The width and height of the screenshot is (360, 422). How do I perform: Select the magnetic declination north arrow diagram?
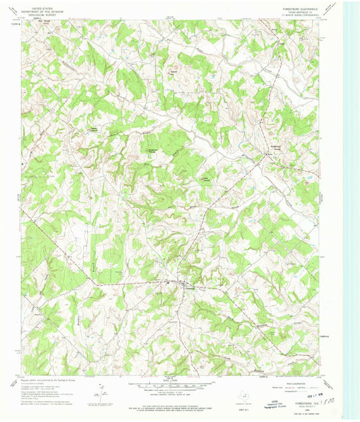pyautogui.click(x=101, y=390)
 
